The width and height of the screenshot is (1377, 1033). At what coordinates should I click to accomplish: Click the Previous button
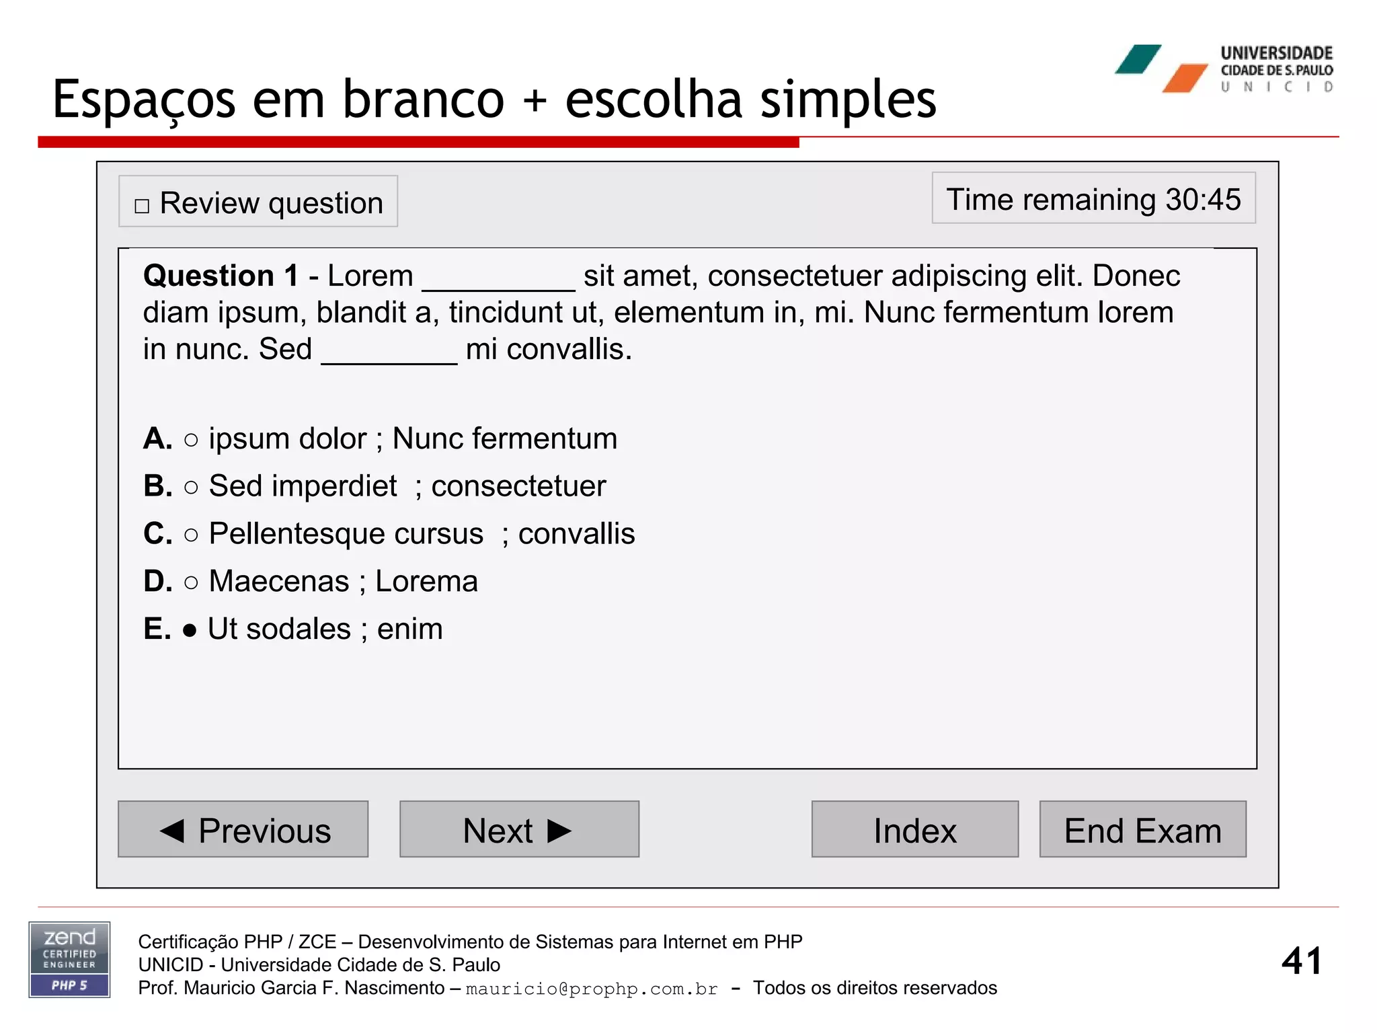(x=243, y=829)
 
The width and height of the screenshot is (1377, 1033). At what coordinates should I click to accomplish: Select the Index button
(x=914, y=829)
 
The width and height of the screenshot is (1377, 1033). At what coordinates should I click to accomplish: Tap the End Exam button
(x=1142, y=829)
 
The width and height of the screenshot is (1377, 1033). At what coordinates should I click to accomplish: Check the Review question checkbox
(x=142, y=206)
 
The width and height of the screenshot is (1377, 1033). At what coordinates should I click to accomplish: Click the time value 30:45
(x=1203, y=200)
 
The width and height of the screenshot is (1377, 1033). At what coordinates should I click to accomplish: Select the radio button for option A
(x=191, y=440)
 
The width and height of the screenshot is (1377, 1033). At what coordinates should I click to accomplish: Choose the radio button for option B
(x=191, y=487)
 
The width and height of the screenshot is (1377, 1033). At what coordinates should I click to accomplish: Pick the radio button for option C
(x=191, y=535)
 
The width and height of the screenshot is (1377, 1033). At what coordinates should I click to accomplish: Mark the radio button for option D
(x=191, y=582)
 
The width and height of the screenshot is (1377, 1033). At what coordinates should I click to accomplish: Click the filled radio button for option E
(x=190, y=630)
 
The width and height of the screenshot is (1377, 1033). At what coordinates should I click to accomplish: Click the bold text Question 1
(x=221, y=276)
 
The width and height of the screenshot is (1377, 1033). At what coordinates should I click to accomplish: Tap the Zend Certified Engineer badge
(x=69, y=960)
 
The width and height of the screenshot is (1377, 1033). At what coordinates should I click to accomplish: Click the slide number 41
(x=1301, y=960)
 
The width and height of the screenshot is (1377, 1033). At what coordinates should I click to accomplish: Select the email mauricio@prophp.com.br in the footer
(x=592, y=989)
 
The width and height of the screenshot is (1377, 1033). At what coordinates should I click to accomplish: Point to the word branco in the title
(x=424, y=100)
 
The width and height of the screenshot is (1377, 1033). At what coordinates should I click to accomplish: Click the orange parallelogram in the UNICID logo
(x=1185, y=78)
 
